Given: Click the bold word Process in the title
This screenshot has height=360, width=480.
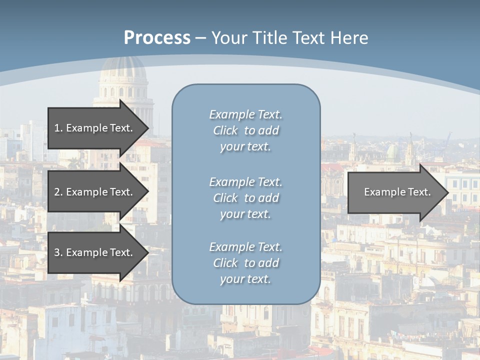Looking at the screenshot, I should [x=157, y=38].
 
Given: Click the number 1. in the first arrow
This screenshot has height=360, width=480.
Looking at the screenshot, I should [x=58, y=128].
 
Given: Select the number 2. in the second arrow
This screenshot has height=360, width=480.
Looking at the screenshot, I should [x=58, y=192].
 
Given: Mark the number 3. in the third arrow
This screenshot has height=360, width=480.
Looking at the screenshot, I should [x=58, y=252].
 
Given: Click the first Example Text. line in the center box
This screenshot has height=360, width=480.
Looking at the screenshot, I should [x=245, y=114].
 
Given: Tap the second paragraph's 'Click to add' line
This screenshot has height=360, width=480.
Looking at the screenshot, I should [x=245, y=198].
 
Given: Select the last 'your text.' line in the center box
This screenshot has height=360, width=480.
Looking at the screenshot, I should [x=245, y=279].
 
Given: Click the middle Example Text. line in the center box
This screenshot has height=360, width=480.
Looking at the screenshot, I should [x=245, y=181].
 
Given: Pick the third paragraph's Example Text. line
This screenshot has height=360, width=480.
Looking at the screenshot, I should [x=245, y=247].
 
